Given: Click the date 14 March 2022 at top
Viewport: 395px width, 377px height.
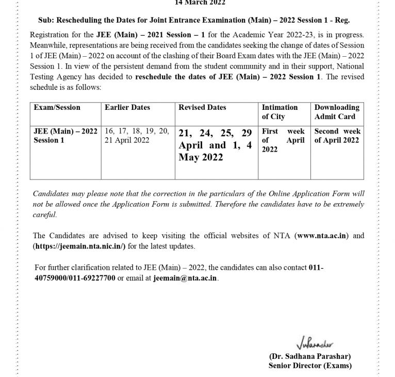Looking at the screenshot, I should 200,3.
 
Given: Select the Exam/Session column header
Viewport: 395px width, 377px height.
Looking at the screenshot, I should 57,107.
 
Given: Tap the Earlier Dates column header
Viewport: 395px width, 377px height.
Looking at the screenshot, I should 127,107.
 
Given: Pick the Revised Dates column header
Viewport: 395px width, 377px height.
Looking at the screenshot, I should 202,107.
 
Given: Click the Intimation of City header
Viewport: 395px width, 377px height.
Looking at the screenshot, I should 279,111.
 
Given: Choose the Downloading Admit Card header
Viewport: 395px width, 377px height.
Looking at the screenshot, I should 337,111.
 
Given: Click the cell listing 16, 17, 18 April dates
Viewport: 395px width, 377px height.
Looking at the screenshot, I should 136,135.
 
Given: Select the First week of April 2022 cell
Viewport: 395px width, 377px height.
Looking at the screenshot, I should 283,140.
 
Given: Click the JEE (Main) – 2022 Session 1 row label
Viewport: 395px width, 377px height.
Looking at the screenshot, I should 65,135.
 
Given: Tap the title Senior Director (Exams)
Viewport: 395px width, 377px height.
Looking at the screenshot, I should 310,366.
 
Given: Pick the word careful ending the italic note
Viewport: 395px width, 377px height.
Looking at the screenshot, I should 45,215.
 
